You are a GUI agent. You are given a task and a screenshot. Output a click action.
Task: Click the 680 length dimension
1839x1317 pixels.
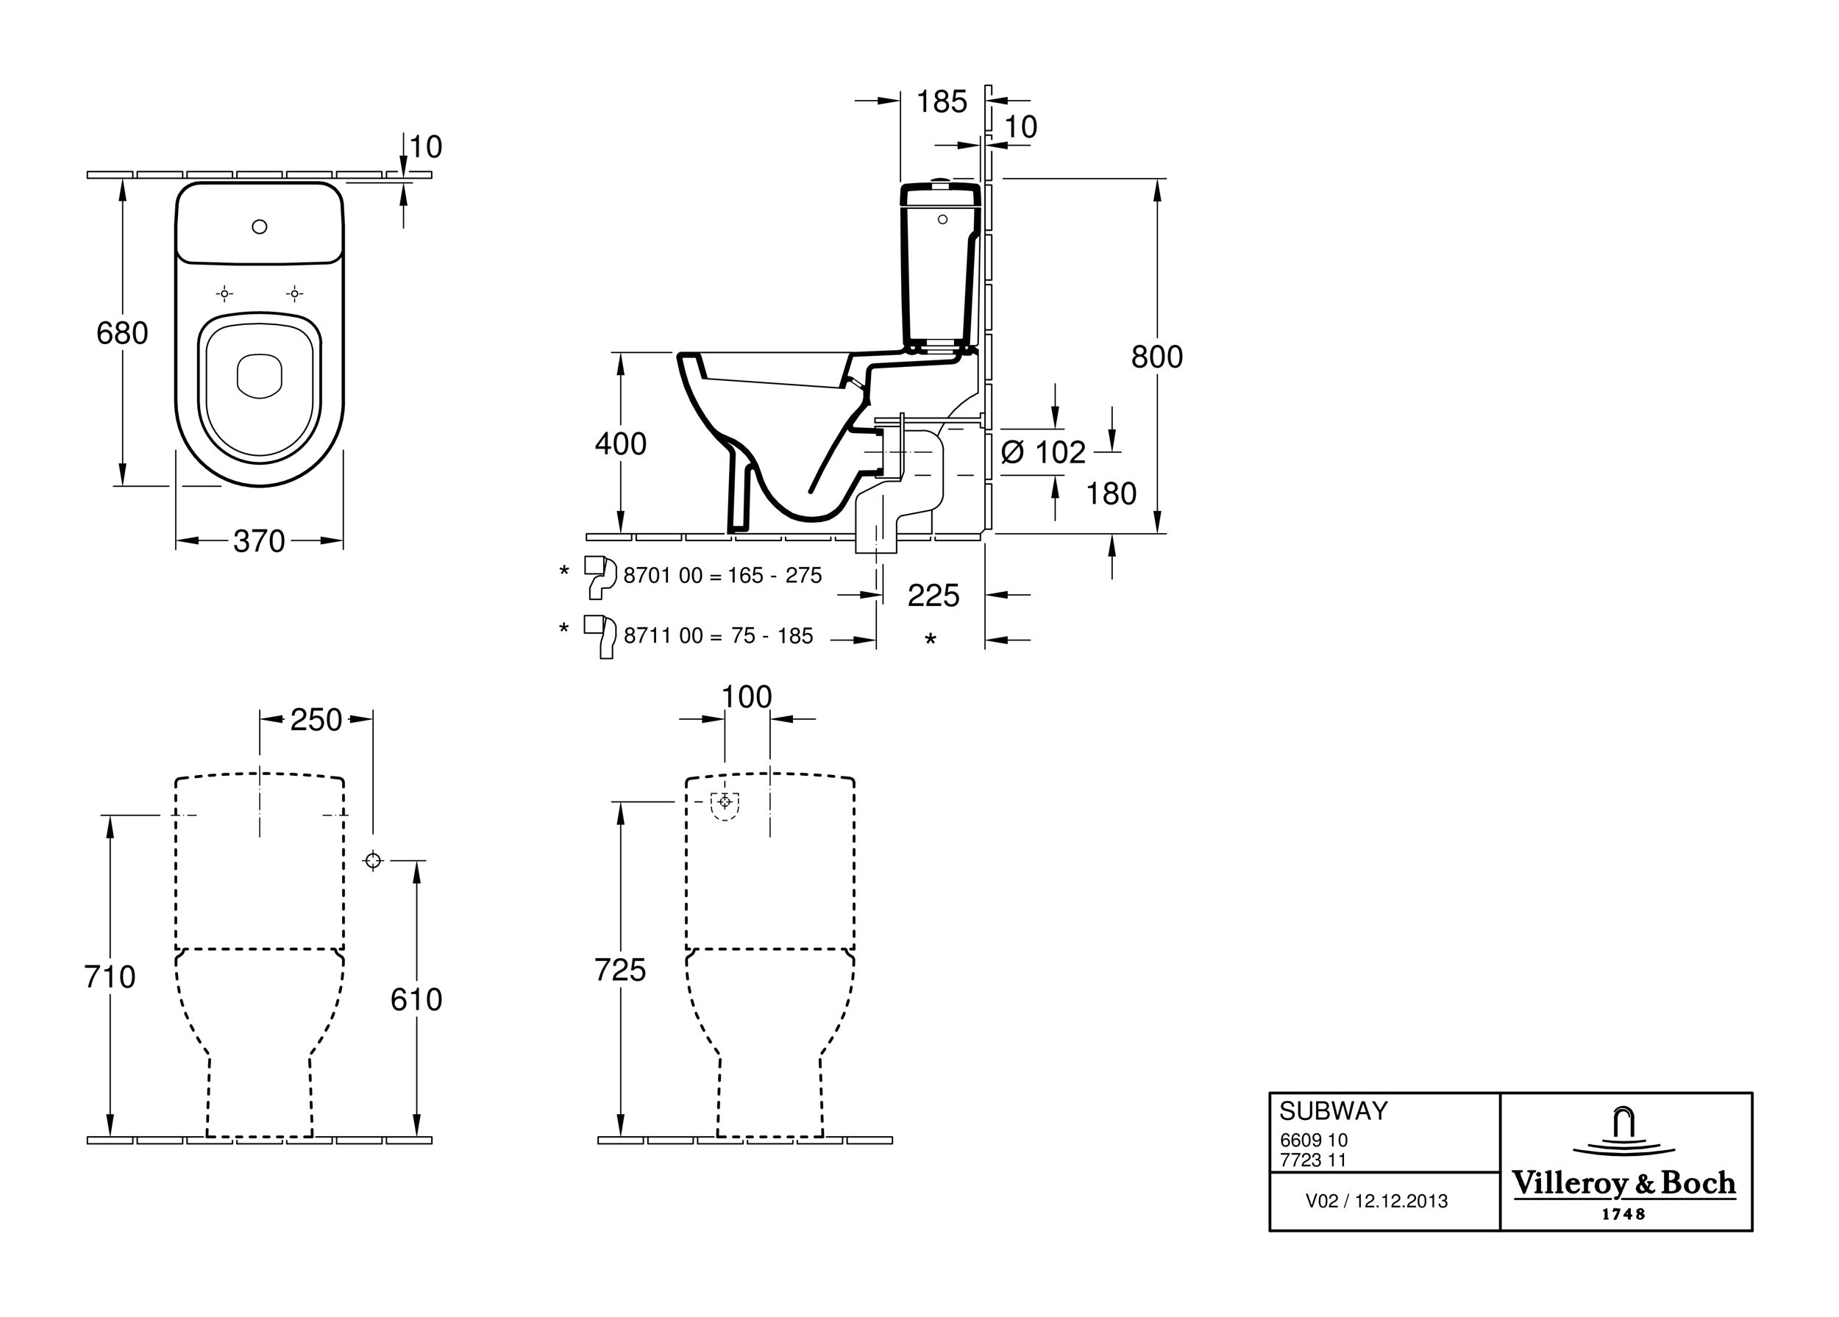122,333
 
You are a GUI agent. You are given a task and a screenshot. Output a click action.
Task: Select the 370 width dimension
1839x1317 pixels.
259,541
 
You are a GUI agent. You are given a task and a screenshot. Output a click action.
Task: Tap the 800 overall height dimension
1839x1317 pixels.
1157,357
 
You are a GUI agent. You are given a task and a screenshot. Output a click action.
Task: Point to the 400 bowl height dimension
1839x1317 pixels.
620,444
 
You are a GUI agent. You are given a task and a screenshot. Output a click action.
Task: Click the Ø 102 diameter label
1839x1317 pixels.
1044,452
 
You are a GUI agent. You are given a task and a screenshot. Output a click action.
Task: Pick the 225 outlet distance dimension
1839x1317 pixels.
933,596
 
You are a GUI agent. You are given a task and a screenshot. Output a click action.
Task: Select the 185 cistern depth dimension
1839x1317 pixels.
942,102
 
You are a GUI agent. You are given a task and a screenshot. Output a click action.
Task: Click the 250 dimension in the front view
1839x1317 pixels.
316,720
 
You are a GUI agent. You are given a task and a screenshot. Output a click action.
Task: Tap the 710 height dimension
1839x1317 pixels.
110,977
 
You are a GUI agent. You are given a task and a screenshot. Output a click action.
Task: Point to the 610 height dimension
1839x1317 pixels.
416,1000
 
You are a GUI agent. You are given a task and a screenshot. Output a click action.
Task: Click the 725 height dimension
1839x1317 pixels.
620,970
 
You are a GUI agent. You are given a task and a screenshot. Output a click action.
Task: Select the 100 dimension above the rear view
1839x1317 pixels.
747,697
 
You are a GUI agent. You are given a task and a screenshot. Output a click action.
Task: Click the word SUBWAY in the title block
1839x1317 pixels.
1334,1110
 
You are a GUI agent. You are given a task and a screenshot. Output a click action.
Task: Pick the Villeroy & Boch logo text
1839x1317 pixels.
1623,1184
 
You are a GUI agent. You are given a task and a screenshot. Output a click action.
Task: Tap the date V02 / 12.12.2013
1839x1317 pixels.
1376,1201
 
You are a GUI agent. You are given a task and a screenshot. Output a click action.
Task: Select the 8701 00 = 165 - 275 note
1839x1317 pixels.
722,576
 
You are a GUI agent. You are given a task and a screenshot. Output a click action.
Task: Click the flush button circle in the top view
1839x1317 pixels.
260,227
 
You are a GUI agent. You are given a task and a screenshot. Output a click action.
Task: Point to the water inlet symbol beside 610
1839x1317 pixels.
373,860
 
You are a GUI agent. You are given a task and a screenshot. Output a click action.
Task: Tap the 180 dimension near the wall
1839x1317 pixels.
1111,493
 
